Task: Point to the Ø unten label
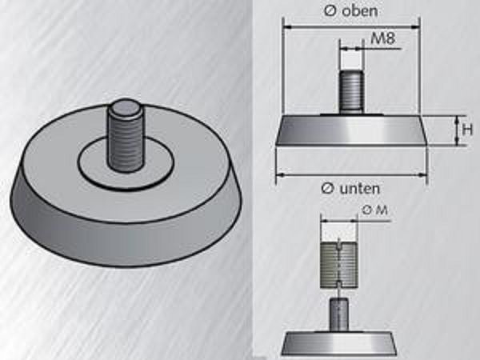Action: click(350, 188)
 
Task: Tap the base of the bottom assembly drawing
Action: click(340, 342)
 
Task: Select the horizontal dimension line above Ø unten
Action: click(352, 173)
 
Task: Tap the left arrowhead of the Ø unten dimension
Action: click(280, 173)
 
